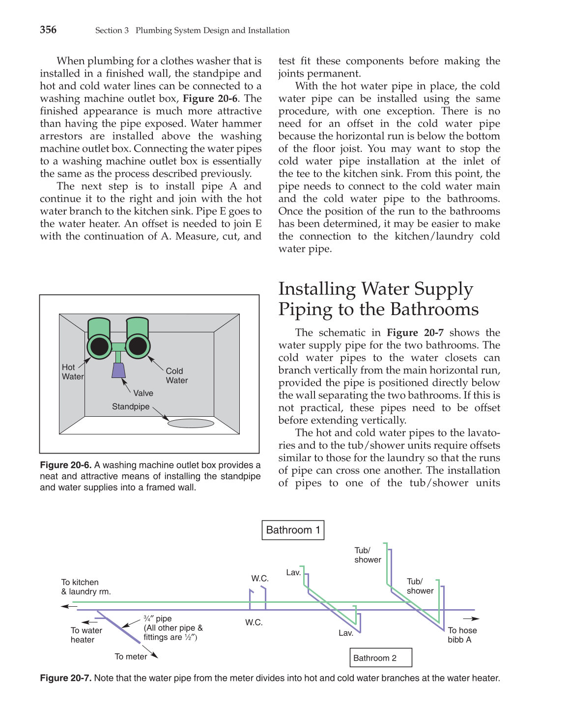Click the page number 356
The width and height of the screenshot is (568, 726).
click(48, 29)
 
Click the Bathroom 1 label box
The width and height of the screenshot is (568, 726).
click(293, 530)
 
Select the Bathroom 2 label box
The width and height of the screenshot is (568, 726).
click(380, 658)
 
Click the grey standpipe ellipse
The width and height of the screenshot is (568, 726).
click(191, 423)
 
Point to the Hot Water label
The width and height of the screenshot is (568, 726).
click(72, 372)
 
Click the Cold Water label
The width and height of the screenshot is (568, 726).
click(176, 376)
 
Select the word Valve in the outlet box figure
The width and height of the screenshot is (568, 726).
click(143, 393)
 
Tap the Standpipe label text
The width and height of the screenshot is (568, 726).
click(131, 406)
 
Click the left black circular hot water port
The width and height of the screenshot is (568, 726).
click(100, 346)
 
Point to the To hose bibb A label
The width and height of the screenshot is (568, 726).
click(462, 635)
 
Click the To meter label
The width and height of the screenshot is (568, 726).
click(131, 656)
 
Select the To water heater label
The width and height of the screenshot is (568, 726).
click(86, 635)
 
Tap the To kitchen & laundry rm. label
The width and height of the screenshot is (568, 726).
click(85, 587)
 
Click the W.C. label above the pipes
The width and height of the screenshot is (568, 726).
click(260, 578)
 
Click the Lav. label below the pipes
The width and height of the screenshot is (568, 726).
click(346, 633)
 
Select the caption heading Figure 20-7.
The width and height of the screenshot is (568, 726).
click(65, 678)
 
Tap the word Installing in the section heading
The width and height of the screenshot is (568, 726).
click(317, 289)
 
